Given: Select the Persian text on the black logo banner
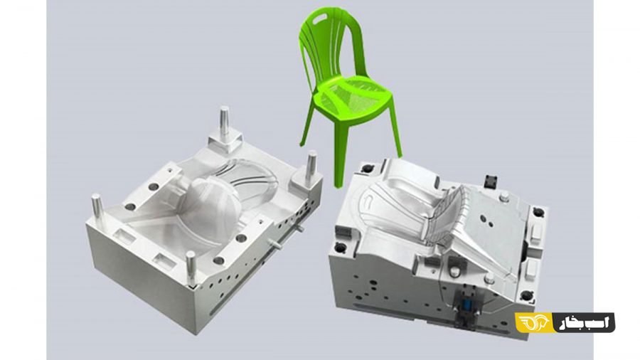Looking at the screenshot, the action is pos(585,322).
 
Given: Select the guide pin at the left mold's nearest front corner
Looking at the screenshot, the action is pos(191,268).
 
